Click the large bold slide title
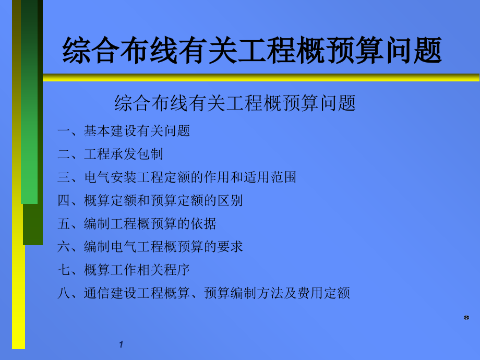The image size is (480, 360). coord(252,51)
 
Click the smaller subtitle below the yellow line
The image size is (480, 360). coord(235,103)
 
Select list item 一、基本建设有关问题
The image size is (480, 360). coord(124,131)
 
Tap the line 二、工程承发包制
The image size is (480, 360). coord(110,154)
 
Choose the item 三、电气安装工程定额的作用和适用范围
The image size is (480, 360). coord(177,177)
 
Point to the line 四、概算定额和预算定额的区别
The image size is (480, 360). coord(150,200)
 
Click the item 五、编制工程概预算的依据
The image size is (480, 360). coord(137,224)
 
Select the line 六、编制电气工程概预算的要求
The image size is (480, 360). coord(150,247)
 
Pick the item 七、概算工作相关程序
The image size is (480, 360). coord(124,270)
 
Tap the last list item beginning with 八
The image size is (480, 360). coord(203,293)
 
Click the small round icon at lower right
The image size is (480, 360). coord(466,317)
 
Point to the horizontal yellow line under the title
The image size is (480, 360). coord(261,78)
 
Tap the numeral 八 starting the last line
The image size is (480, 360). coord(64,293)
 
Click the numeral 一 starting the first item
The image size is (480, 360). coord(64,131)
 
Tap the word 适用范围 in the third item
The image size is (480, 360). coord(270,177)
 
